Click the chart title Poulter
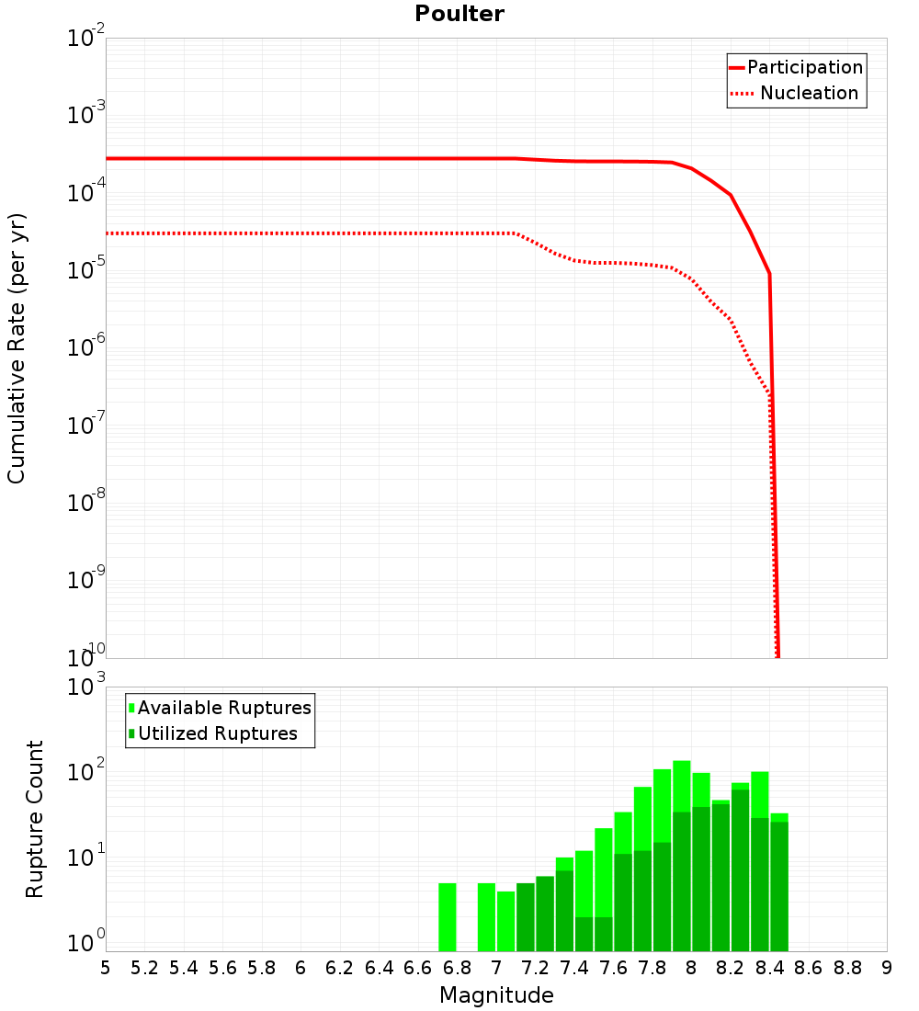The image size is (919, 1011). [x=459, y=14]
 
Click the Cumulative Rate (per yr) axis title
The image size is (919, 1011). [x=17, y=347]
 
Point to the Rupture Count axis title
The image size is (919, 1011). [x=35, y=819]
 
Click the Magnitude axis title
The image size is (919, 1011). [x=496, y=995]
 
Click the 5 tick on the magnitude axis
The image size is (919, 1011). [x=106, y=968]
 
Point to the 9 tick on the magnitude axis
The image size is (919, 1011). [x=886, y=968]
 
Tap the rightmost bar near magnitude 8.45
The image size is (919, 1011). [x=779, y=882]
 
